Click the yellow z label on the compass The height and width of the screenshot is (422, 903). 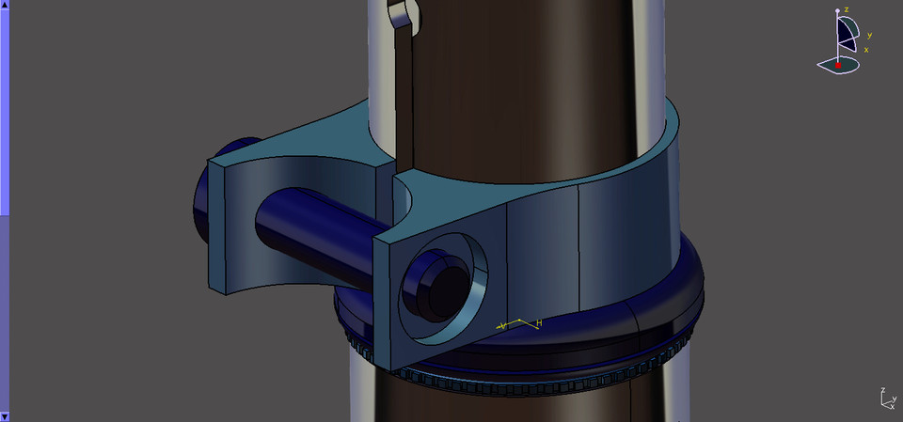[847, 9]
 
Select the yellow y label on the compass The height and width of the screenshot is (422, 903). [869, 36]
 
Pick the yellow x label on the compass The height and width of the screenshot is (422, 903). [865, 49]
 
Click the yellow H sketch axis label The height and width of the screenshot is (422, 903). [539, 322]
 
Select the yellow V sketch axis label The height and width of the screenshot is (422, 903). [503, 325]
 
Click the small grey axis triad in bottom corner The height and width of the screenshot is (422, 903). [886, 399]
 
